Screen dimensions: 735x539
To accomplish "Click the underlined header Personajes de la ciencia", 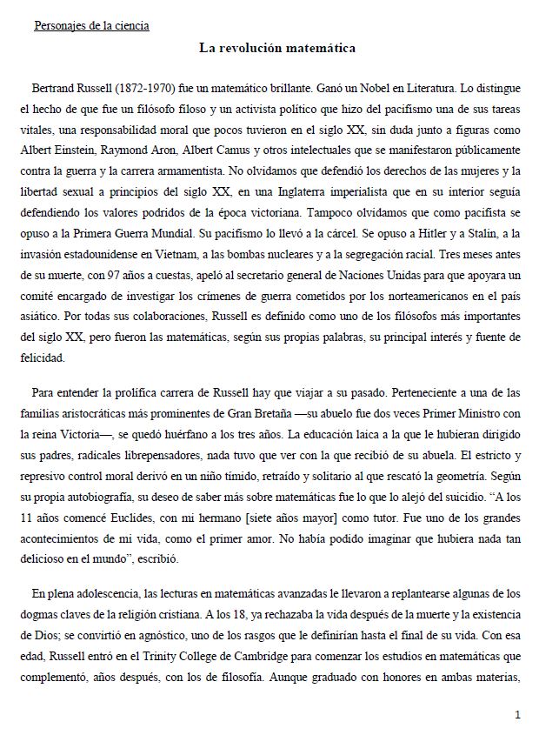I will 91,26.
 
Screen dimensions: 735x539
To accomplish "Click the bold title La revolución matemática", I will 276,48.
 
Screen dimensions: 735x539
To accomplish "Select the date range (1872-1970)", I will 129,89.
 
